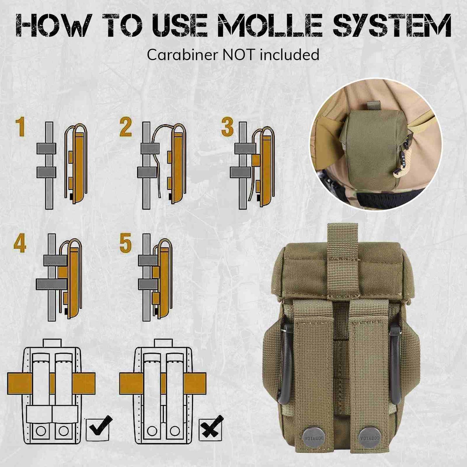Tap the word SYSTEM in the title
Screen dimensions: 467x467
392,25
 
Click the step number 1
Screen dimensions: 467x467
22,127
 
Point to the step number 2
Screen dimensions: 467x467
126,127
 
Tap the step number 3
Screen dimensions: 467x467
227,127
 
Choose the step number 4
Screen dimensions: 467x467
20,243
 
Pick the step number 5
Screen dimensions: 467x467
126,243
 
